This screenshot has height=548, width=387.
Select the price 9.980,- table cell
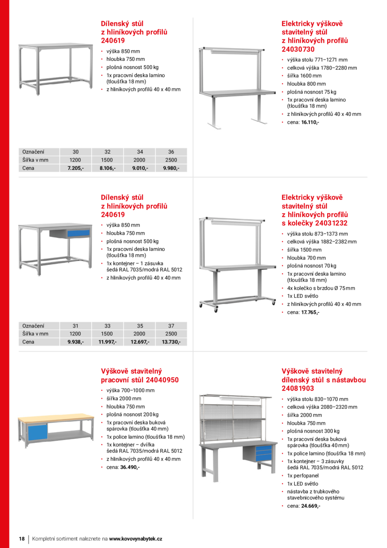coord(171,168)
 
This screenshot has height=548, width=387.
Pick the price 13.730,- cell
coord(171,342)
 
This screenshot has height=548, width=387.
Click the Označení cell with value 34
coord(139,152)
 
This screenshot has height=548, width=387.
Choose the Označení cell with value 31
coord(76,326)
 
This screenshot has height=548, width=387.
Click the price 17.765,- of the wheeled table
coord(310,312)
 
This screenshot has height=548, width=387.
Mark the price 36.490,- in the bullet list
coord(130,467)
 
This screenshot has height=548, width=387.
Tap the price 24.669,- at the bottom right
coord(310,506)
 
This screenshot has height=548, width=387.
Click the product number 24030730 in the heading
coord(298,49)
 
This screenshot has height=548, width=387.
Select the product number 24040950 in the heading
coord(157,380)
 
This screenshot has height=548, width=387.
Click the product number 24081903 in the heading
coord(298,388)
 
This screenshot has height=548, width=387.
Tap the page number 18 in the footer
coord(22,539)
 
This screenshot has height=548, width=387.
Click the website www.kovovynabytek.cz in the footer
coord(135,539)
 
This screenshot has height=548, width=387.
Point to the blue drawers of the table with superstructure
coord(263,452)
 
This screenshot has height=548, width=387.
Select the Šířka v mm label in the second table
coord(35,334)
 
